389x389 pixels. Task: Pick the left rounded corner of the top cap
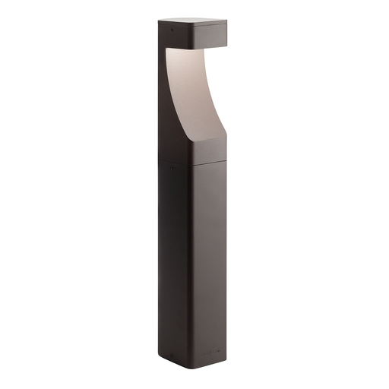[x=160, y=24]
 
